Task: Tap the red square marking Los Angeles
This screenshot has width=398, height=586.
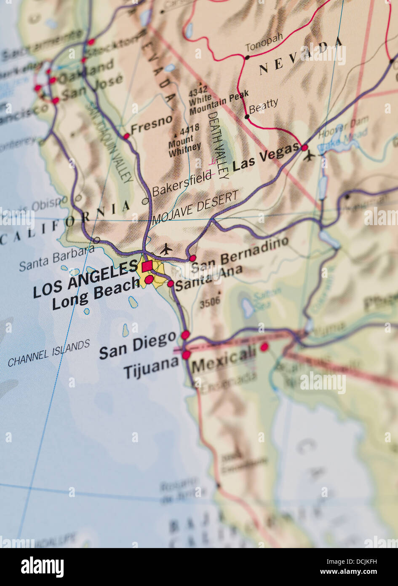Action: [x=147, y=266]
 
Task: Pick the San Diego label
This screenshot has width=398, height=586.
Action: [x=137, y=345]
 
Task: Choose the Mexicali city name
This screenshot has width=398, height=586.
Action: [x=224, y=358]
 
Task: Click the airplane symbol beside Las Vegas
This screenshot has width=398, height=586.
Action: [x=309, y=156]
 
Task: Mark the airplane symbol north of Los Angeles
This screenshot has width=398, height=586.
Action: [x=166, y=249]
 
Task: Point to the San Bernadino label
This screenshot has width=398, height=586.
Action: [x=240, y=254]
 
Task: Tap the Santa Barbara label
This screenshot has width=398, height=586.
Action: [x=57, y=258]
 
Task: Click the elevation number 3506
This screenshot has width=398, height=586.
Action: [x=210, y=302]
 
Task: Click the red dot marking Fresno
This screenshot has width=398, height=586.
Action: [x=126, y=136]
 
